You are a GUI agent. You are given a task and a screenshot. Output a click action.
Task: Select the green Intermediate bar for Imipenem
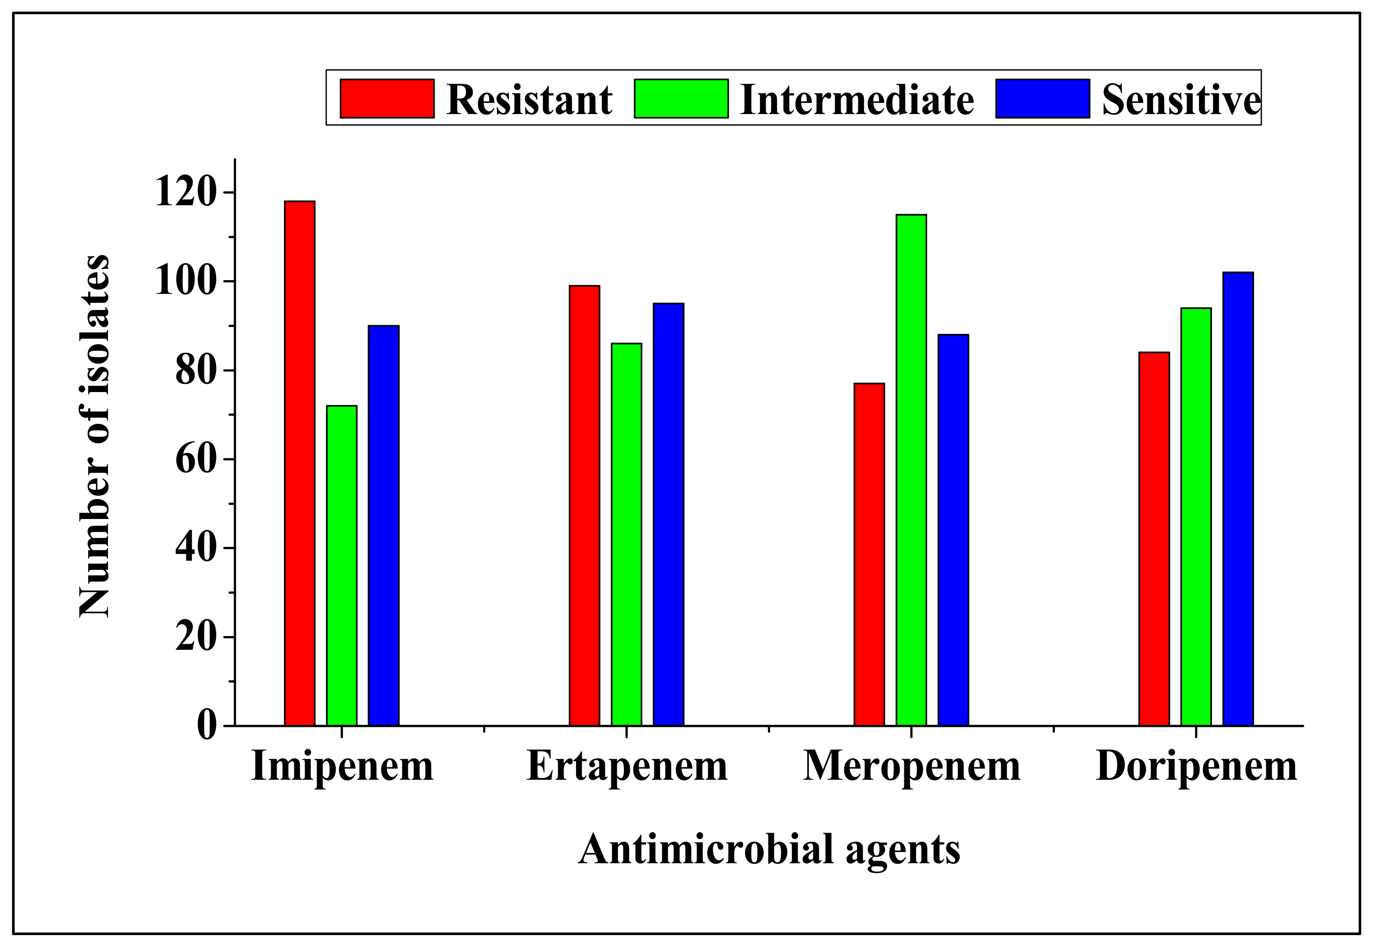click(x=342, y=565)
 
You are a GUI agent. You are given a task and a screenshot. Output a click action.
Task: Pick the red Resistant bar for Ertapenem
click(x=584, y=505)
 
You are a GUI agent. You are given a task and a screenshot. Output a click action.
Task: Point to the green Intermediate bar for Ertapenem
click(x=626, y=534)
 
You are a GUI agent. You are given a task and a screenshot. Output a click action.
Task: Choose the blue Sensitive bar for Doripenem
click(x=1238, y=499)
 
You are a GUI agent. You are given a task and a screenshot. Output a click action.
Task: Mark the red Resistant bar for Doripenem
click(x=1154, y=538)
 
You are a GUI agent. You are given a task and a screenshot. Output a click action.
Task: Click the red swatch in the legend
click(x=386, y=98)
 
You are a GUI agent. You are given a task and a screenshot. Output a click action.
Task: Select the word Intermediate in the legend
click(x=857, y=99)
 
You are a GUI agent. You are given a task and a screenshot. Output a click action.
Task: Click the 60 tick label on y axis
click(x=195, y=460)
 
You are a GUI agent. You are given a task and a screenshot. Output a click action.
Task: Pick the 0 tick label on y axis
click(x=206, y=726)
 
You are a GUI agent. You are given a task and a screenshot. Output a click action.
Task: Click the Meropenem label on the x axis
click(x=912, y=767)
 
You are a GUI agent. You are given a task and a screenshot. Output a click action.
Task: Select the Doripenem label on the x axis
click(x=1196, y=767)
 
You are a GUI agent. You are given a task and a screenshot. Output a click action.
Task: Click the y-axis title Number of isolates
click(x=95, y=436)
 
